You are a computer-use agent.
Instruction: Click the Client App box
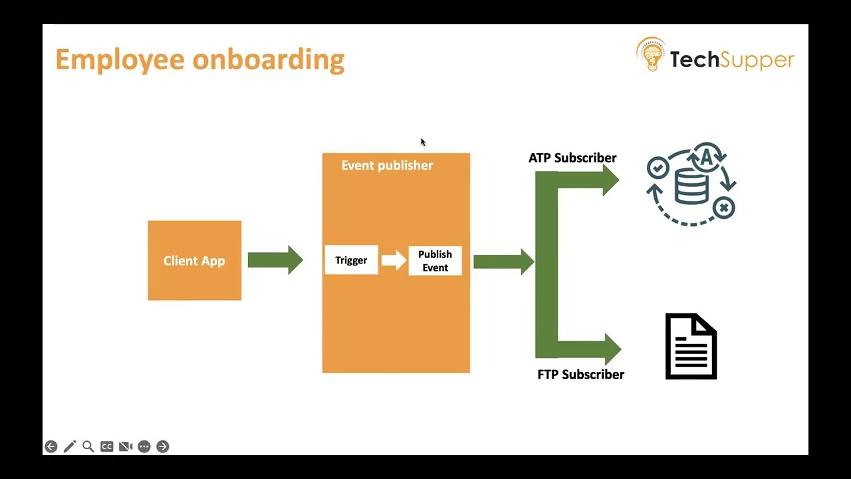tap(195, 260)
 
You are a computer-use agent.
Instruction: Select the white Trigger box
tap(352, 260)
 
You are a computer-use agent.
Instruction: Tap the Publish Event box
tap(435, 261)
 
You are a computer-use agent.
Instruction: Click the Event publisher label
tap(387, 166)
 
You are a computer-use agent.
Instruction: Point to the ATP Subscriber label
tap(572, 158)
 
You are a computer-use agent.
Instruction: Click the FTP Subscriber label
tap(580, 375)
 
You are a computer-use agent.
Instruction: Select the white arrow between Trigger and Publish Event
tap(394, 260)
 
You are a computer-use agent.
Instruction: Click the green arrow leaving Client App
tap(275, 260)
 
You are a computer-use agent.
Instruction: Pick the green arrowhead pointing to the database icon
tap(611, 180)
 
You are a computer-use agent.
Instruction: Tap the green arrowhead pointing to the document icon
tap(613, 349)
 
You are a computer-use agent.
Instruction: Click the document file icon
tap(691, 347)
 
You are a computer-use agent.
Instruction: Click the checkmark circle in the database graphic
tap(658, 167)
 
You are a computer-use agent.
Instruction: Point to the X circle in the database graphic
tap(724, 208)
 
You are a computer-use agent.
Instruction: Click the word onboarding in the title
tap(269, 60)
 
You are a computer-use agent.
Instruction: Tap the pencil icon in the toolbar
tap(70, 446)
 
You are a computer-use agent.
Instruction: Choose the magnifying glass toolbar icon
tap(88, 446)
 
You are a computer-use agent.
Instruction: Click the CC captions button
tap(107, 446)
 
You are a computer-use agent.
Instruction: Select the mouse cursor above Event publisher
tap(423, 142)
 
